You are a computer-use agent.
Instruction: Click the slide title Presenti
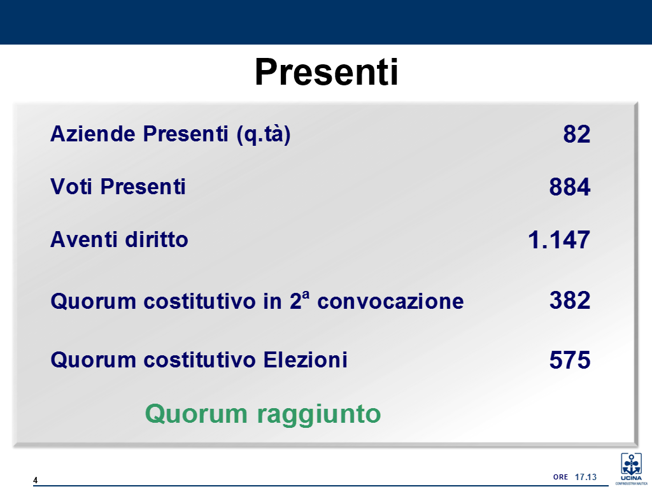[327, 72]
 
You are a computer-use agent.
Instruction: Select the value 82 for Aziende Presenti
[577, 134]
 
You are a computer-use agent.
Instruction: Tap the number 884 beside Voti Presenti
[570, 187]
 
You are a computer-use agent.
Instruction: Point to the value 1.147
[559, 240]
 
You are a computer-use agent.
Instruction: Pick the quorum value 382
[570, 301]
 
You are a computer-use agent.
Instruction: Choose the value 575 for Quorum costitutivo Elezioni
[570, 360]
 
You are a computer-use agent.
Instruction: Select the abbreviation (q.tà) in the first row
[263, 135]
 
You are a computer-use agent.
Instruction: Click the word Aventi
[85, 239]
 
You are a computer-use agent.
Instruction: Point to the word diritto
[157, 239]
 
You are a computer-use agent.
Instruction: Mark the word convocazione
[390, 301]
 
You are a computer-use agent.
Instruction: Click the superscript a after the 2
[306, 294]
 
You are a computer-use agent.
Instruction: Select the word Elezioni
[306, 360]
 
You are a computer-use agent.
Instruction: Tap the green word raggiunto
[319, 415]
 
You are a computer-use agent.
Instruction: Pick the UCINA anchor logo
[631, 469]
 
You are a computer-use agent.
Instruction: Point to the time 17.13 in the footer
[586, 477]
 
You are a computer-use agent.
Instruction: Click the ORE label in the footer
[560, 477]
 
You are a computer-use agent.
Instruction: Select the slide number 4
[36, 480]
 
